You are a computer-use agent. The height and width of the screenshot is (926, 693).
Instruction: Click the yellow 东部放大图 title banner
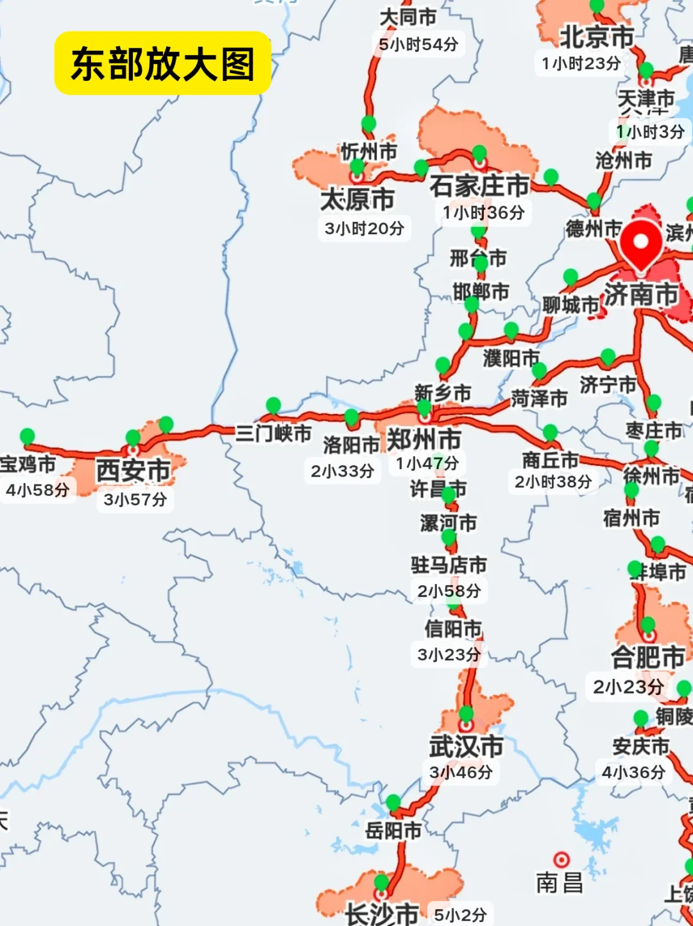tap(162, 64)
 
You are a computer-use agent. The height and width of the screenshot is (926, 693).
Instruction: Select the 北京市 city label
tap(597, 37)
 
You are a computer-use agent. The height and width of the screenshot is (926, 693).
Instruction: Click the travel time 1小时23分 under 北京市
tap(581, 64)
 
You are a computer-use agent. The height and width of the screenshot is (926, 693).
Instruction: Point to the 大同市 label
tap(408, 17)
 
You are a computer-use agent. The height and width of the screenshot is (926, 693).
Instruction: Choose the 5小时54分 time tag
tap(418, 44)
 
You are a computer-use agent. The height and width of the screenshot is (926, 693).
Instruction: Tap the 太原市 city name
tap(357, 200)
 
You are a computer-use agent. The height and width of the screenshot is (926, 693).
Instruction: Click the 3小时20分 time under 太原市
tap(364, 228)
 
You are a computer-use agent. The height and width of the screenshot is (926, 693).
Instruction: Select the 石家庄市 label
tap(479, 186)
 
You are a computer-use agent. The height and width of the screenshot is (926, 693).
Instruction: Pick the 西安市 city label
tap(133, 471)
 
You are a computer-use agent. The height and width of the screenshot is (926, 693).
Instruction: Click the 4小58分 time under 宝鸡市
tap(37, 490)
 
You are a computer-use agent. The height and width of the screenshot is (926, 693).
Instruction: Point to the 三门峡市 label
tap(273, 433)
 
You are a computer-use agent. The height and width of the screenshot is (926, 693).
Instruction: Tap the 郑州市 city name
tap(424, 440)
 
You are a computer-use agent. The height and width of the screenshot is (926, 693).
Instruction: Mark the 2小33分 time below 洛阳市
tap(343, 471)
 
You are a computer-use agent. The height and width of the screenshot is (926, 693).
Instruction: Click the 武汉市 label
tap(466, 747)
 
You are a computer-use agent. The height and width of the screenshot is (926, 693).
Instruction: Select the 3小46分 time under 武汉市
tap(461, 773)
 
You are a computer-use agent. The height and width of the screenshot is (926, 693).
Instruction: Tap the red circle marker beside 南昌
tap(561, 859)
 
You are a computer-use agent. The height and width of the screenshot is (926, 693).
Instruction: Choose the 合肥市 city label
tap(648, 657)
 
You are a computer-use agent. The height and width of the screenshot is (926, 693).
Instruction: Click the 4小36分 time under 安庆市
tap(633, 773)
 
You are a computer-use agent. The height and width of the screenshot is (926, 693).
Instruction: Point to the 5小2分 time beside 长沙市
tap(460, 915)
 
